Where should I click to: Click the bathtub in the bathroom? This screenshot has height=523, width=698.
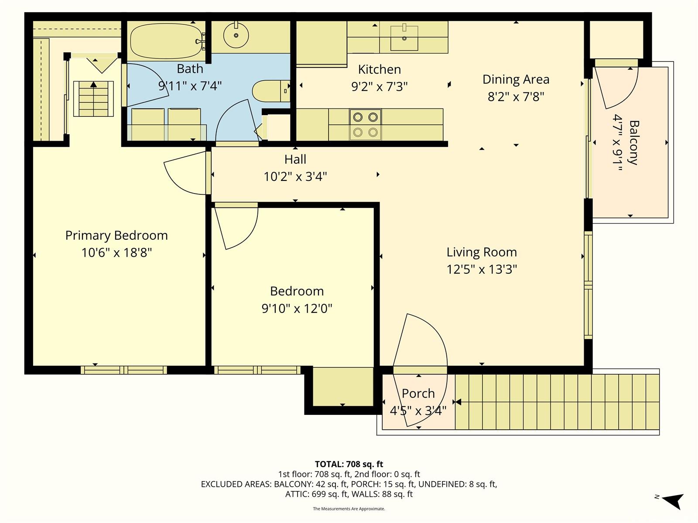coord(166,41)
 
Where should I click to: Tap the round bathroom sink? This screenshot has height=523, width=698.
coord(236,35)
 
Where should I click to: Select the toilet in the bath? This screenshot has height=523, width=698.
coord(271,91)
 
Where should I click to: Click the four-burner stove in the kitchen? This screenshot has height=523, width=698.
coord(366,125)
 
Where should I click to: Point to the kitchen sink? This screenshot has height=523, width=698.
coord(404,38)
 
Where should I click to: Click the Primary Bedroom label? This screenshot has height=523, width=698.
coord(116,235)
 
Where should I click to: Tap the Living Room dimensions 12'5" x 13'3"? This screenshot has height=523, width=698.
coord(482,269)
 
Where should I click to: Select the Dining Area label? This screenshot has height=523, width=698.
coord(516,79)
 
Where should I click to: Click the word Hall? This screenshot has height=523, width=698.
coord(295,159)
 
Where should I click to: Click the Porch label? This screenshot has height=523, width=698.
coord(418,393)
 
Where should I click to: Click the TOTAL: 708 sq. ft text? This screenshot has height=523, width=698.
coord(349,464)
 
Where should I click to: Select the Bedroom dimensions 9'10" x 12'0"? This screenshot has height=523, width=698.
coord(297,308)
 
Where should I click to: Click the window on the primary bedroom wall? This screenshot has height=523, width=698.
coord(124,370)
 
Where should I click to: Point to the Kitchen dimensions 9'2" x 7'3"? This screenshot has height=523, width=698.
coord(380,86)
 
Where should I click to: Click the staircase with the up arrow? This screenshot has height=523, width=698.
coord(93,99)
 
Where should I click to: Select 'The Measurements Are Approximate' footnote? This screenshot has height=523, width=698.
coord(349,509)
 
